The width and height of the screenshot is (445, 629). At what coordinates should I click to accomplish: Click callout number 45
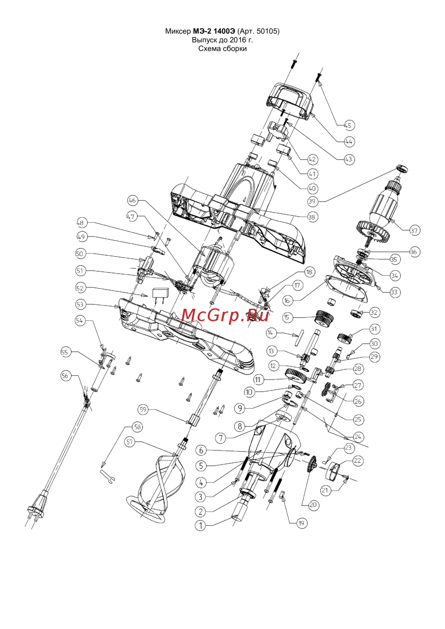(x=348, y=125)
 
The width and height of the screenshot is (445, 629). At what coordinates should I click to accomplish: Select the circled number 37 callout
(x=414, y=230)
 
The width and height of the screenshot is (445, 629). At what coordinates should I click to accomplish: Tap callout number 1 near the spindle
(x=201, y=525)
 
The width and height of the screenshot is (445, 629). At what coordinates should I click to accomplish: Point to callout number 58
(x=138, y=427)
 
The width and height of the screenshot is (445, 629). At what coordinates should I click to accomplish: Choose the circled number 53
(x=80, y=305)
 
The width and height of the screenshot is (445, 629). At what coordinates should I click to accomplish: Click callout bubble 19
(x=301, y=523)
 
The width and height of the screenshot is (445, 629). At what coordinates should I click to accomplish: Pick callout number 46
(x=132, y=200)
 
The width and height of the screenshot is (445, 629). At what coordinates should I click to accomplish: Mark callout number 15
(x=287, y=317)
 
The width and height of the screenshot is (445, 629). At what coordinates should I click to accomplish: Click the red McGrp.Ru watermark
(x=225, y=315)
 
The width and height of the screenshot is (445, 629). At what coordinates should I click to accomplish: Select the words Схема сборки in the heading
(x=222, y=48)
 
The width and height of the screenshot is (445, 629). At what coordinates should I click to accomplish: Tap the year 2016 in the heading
(x=238, y=40)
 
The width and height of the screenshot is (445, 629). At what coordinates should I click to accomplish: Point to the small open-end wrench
(x=108, y=476)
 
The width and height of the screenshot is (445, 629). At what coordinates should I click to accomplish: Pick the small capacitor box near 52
(x=161, y=293)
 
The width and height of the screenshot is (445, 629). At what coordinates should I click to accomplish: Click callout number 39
(x=312, y=202)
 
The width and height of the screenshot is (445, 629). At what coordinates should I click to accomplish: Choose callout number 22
(x=357, y=461)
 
